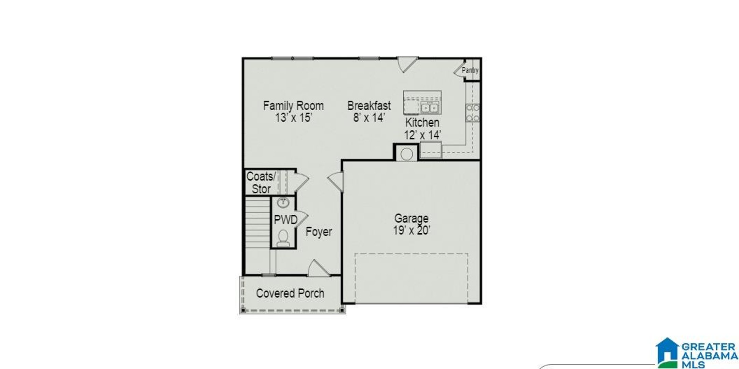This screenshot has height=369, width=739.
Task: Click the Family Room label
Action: (x=293, y=106)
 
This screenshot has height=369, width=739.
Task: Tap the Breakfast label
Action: (x=369, y=106)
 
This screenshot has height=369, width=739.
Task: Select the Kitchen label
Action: (x=422, y=122)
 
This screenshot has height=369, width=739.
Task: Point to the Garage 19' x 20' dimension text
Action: (x=412, y=231)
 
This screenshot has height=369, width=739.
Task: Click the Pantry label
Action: (x=470, y=70)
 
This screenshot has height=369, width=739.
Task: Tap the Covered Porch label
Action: (x=290, y=293)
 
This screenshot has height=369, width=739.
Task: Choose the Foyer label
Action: (x=319, y=232)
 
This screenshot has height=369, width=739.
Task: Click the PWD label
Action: (x=286, y=220)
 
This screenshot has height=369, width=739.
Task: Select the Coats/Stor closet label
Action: (x=261, y=182)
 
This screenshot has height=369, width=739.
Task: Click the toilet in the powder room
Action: (x=283, y=238)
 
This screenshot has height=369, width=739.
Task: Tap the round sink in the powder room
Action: (x=283, y=203)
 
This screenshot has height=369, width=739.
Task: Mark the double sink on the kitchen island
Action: (x=430, y=108)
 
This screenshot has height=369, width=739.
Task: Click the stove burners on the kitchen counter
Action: (x=473, y=113)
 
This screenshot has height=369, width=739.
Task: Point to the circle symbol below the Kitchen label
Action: (x=406, y=154)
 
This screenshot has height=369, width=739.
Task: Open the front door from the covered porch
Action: (x=318, y=268)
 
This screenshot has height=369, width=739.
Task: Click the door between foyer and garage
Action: (x=336, y=182)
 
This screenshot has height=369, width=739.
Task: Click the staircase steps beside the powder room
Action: (x=258, y=235)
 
